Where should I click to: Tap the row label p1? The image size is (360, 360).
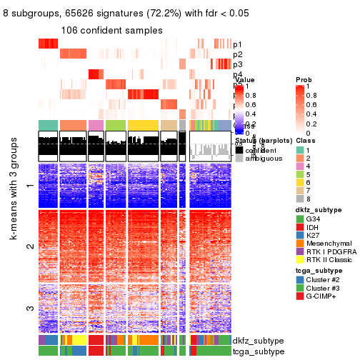coord(237,44)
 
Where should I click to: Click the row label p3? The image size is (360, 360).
coord(237,64)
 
